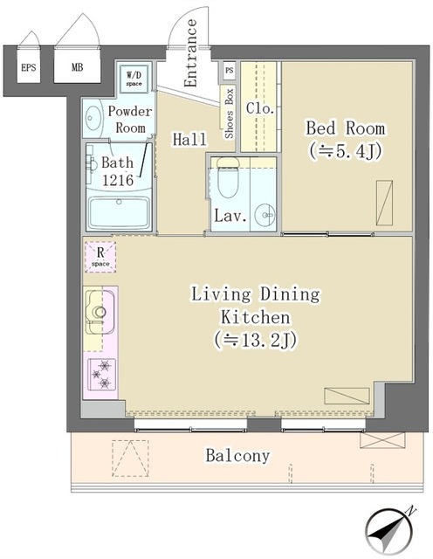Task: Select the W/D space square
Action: coord(134,79)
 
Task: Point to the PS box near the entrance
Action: coord(230,69)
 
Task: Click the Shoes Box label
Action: coord(230,113)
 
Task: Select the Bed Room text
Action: coord(345,128)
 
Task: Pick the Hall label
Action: coord(189,138)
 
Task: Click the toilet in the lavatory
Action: coord(228,181)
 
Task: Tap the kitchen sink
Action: coord(99,310)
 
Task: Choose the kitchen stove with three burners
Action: coord(100,374)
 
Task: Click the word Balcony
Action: coord(237,455)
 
